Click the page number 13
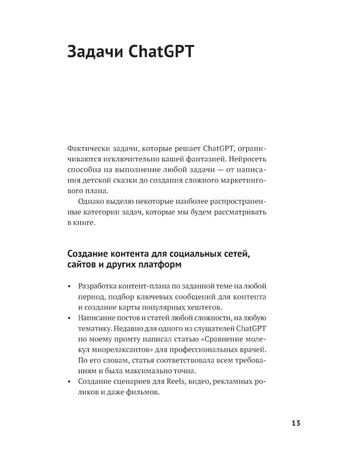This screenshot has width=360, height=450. [x=295, y=423]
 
